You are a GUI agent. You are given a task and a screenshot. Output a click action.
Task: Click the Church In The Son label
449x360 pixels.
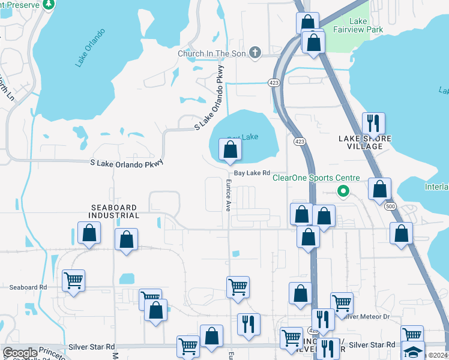(212, 53)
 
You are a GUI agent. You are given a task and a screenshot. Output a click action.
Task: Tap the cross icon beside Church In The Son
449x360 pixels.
(255, 53)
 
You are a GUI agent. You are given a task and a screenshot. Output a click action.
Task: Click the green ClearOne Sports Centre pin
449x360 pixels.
(343, 192)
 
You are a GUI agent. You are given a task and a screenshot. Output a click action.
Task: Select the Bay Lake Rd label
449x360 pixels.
(252, 173)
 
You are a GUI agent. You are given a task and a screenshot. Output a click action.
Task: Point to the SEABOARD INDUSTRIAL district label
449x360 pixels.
(114, 211)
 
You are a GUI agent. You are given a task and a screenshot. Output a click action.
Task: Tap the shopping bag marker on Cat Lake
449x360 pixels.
(230, 150)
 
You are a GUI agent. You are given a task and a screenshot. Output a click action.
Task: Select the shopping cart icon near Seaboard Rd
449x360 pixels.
(73, 280)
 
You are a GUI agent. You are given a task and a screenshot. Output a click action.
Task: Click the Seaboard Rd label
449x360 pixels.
(28, 287)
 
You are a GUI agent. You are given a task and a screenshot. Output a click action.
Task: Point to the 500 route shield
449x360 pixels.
(391, 205)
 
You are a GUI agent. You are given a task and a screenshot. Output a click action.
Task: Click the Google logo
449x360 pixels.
(20, 353)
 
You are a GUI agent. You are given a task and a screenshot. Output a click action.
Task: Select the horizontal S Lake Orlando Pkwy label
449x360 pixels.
(127, 163)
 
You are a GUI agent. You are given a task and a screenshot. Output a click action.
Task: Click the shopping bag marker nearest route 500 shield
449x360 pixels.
(379, 189)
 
